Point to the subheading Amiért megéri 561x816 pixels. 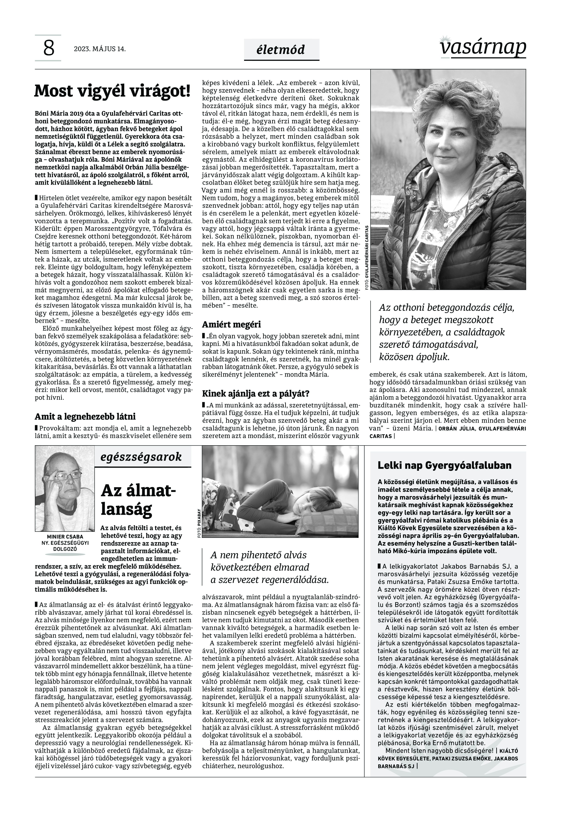pos(231,324)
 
